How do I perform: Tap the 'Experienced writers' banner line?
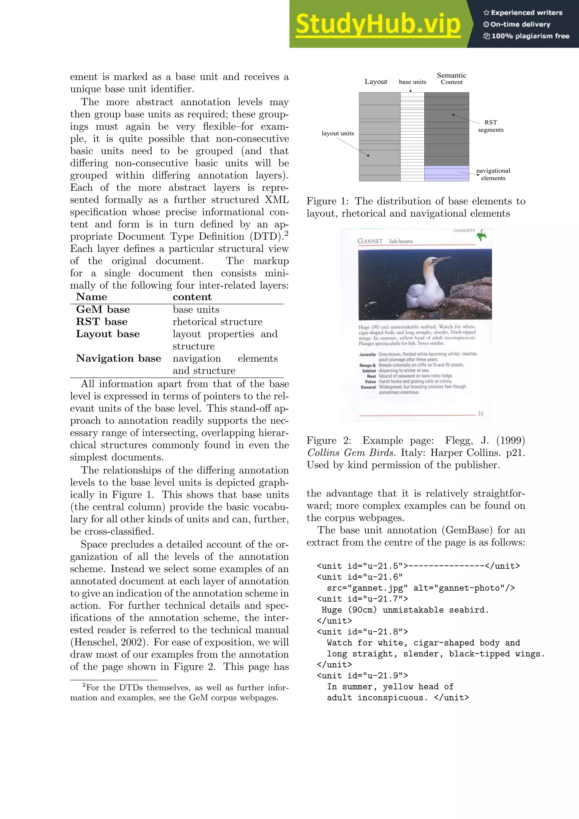tap(523, 12)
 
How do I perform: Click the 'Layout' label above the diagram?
tap(375, 82)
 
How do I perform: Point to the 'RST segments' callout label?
tap(491, 126)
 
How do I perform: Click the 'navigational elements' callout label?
tap(493, 175)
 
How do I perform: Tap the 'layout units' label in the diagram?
tap(338, 134)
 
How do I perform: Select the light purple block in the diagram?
tap(446, 173)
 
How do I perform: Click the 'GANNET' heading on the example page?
tap(370, 242)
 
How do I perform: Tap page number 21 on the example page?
tap(481, 413)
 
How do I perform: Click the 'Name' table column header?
tap(92, 297)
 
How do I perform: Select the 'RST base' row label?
tap(101, 322)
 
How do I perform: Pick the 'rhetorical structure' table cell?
tap(217, 322)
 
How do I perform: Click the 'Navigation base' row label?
tap(118, 358)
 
